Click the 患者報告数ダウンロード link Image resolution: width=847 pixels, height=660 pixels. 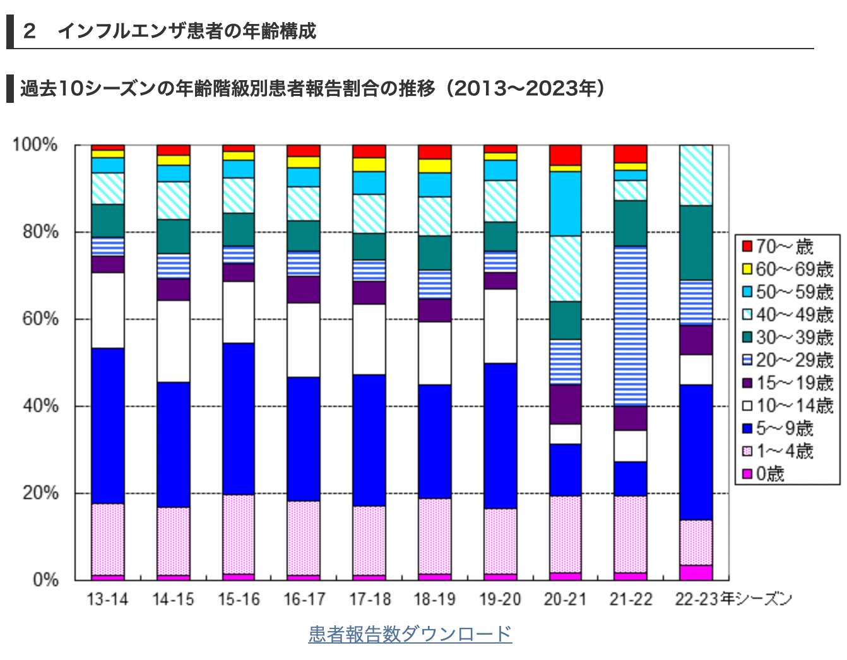[x=410, y=633]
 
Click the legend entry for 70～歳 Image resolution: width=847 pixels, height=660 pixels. [x=786, y=247]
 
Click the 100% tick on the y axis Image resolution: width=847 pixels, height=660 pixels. [x=35, y=145]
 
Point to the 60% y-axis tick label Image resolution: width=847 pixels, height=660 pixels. [x=40, y=319]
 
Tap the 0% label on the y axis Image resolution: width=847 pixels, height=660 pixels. [x=45, y=579]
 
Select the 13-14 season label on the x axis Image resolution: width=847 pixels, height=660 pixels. [x=107, y=599]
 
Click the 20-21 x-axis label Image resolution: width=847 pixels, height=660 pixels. [x=565, y=599]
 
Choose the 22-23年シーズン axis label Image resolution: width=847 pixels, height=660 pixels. [x=732, y=599]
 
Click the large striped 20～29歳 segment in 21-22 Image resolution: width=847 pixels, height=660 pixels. [x=631, y=326]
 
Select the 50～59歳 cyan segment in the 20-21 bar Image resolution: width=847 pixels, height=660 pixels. [x=565, y=203]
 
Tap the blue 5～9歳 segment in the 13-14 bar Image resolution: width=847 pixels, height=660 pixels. [x=107, y=425]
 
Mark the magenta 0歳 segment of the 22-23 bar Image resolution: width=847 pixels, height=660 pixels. [x=696, y=572]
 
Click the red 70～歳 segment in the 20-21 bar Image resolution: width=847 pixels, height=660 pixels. [x=565, y=155]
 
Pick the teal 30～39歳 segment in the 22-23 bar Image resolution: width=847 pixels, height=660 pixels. [x=696, y=243]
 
